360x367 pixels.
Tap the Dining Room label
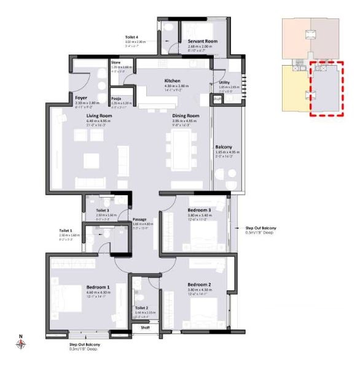click(x=186, y=115)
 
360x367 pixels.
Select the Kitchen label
click(x=173, y=80)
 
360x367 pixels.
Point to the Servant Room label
click(x=203, y=42)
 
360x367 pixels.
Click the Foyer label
click(x=81, y=97)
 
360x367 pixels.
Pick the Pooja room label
click(x=115, y=98)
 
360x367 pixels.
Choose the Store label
click(x=115, y=61)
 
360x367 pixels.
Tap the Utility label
click(x=224, y=82)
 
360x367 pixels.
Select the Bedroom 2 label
click(x=200, y=284)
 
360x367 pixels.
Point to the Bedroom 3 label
click(x=200, y=210)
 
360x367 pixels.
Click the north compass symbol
click(x=20, y=344)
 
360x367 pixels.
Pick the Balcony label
click(x=223, y=147)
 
